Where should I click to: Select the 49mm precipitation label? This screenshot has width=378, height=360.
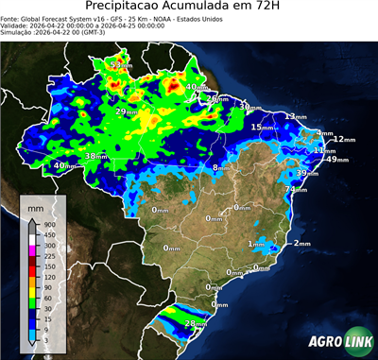(x=337, y=160)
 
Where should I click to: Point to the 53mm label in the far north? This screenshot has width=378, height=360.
(x=121, y=64)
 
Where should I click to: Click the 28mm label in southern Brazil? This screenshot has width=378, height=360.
(x=195, y=324)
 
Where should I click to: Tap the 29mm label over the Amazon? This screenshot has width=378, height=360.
(x=126, y=111)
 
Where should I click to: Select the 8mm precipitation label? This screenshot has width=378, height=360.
(x=220, y=167)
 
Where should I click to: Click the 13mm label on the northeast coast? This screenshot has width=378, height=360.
(x=296, y=116)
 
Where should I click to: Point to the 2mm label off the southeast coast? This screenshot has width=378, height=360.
(x=301, y=243)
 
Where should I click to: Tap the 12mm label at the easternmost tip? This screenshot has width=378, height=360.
(x=342, y=139)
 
